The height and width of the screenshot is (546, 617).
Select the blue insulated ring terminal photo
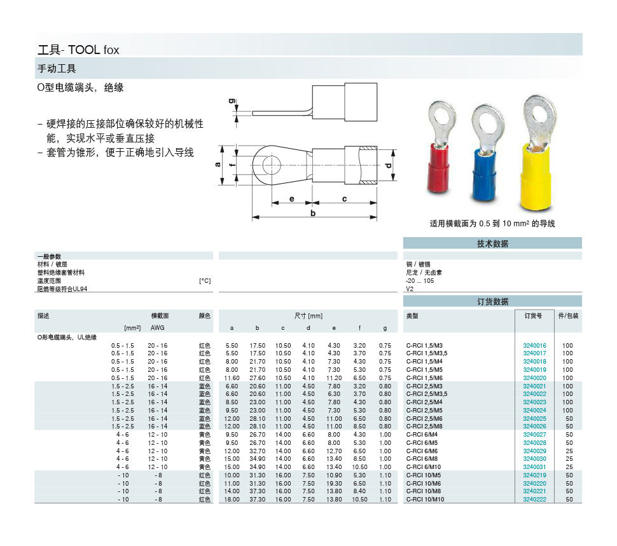pyautogui.click(x=485, y=157)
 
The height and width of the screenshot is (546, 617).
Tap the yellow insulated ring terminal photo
pyautogui.click(x=536, y=153)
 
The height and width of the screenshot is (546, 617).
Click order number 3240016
pyautogui.click(x=534, y=346)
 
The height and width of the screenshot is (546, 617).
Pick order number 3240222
pyautogui.click(x=534, y=499)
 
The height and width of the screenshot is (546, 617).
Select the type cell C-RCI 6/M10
pyautogui.click(x=424, y=467)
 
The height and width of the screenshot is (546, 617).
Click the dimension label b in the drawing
pyautogui.click(x=313, y=213)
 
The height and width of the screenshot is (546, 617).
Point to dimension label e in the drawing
pyautogui.click(x=291, y=199)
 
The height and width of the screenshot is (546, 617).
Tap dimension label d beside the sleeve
pyautogui.click(x=389, y=165)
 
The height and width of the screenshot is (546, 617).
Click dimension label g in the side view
pyautogui.click(x=232, y=101)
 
